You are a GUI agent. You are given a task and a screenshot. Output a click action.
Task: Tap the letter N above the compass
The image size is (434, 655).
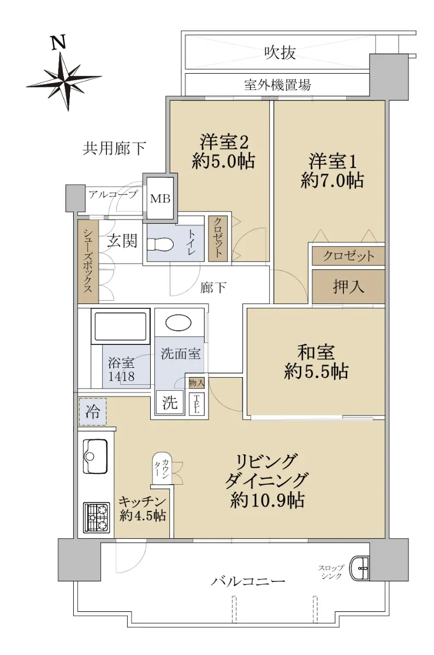(58, 43)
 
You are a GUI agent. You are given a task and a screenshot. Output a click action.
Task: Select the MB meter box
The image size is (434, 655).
(160, 199)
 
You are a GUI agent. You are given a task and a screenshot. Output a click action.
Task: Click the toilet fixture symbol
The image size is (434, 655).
(160, 245)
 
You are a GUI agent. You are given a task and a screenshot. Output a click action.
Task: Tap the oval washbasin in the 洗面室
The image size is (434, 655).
(179, 323)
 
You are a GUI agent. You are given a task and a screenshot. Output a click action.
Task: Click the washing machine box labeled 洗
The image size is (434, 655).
(170, 402)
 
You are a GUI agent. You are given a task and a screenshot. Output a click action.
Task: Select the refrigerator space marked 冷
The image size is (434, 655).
(92, 412)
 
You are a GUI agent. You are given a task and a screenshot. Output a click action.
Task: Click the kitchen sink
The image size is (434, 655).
(96, 456)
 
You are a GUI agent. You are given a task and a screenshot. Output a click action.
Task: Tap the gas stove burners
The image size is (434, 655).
(96, 517)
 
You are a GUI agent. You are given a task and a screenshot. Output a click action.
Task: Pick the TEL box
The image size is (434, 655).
(196, 403)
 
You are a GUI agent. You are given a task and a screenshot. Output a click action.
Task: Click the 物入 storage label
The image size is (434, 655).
(197, 383)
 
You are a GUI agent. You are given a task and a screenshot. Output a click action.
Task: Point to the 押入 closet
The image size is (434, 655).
(348, 286)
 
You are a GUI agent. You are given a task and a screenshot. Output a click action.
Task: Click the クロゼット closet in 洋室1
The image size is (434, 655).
(348, 256)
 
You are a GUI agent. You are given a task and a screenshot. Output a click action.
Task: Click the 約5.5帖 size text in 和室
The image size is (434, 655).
(317, 372)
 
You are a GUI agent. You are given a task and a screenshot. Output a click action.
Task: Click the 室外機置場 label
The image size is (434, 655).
(277, 85)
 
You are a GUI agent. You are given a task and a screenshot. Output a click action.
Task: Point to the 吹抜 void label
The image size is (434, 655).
(280, 53)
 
